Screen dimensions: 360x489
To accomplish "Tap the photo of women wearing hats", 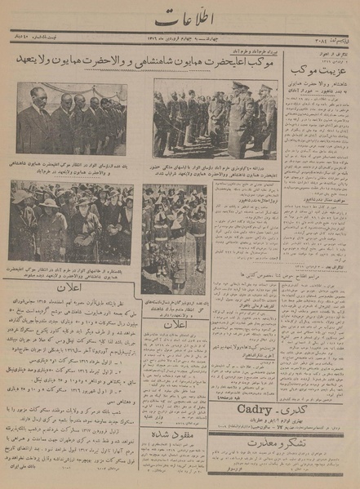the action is pyautogui.click(x=71, y=221).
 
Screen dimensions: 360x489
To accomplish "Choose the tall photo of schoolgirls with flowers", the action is pyautogui.click(x=174, y=238).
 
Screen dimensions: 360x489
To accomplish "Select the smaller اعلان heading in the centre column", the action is pyautogui.click(x=175, y=324).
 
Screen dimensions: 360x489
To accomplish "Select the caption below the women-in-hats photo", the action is pyautogui.click(x=71, y=270).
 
